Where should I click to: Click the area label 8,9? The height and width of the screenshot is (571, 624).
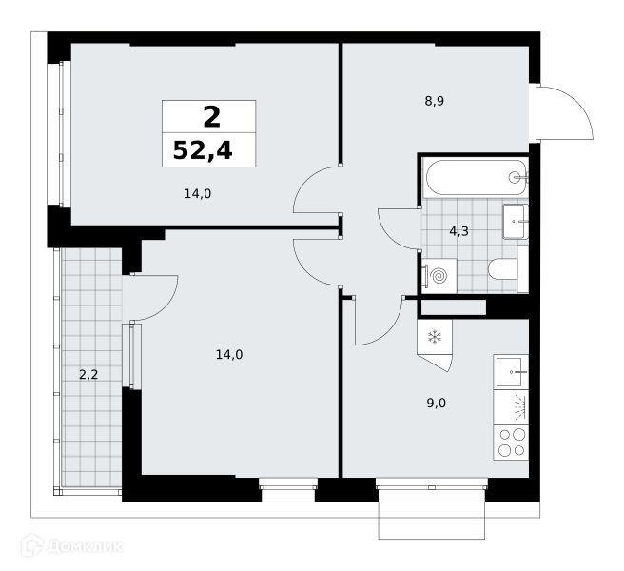[434, 101]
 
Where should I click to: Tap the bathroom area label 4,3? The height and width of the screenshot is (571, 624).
[458, 231]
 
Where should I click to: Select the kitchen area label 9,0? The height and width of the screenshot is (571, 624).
[437, 404]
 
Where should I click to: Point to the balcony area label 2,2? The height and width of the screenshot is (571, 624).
[88, 375]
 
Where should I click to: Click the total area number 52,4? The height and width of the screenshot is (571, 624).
[203, 151]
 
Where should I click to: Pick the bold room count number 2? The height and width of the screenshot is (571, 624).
[211, 117]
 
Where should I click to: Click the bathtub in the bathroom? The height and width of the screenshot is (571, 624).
[477, 178]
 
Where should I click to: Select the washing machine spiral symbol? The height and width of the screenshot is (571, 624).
[440, 276]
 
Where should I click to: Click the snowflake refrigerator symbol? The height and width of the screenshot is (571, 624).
[435, 338]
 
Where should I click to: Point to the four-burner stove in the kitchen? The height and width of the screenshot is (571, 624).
[512, 443]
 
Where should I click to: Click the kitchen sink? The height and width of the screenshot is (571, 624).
[512, 372]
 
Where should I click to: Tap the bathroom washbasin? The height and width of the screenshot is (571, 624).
[516, 222]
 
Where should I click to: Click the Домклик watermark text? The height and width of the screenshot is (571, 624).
[85, 546]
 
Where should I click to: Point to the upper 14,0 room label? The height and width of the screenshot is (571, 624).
[198, 194]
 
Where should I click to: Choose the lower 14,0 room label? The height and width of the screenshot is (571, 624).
[229, 354]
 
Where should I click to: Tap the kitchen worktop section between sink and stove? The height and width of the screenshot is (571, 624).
[512, 407]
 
